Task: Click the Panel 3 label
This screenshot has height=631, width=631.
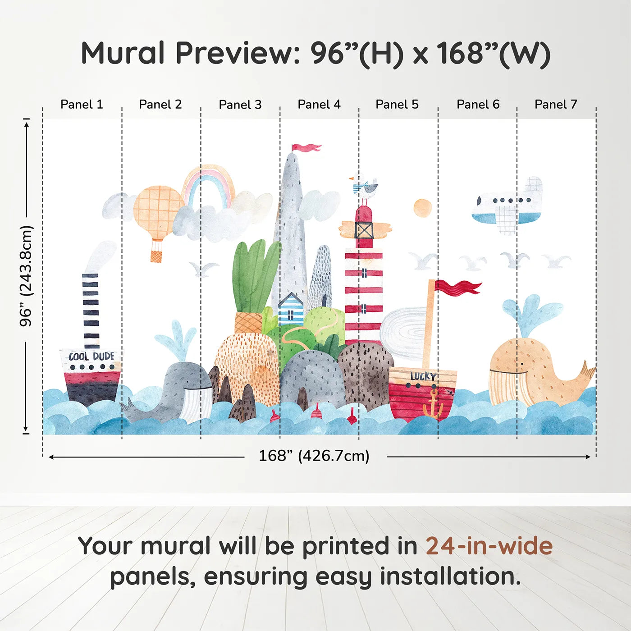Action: [x=240, y=105]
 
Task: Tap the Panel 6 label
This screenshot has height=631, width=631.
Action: [x=478, y=104]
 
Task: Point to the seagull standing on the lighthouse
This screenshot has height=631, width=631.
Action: [x=364, y=188]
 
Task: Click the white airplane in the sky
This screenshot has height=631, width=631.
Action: [x=507, y=206]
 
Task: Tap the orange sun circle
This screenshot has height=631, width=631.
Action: [x=422, y=207]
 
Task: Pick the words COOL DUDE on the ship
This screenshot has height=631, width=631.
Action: [x=91, y=356]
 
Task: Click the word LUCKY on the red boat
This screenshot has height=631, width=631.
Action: [x=423, y=376]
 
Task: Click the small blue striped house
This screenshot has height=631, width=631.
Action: [x=291, y=308]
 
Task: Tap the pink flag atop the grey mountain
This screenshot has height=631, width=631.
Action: [x=306, y=147]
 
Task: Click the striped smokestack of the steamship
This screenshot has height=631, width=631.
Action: [x=91, y=311]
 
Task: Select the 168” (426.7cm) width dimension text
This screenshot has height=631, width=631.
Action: [x=314, y=456]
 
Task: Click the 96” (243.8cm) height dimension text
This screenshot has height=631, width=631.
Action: [x=26, y=276]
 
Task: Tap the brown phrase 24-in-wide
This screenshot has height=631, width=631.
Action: [x=489, y=546]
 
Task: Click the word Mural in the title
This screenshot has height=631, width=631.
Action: [x=123, y=53]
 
